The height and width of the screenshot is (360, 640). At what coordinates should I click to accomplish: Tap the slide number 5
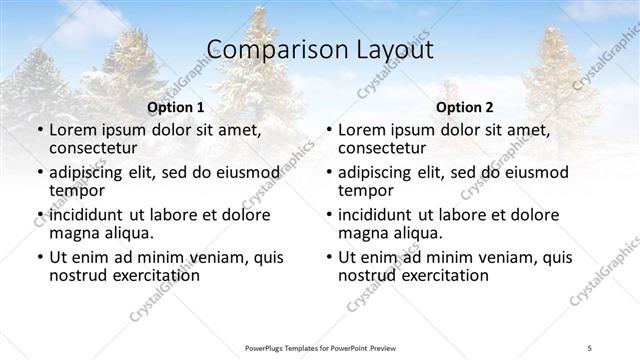coord(590,347)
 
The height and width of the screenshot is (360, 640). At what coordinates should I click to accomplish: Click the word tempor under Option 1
coord(77,190)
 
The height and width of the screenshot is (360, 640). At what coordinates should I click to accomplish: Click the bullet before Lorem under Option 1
coord(39,131)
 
